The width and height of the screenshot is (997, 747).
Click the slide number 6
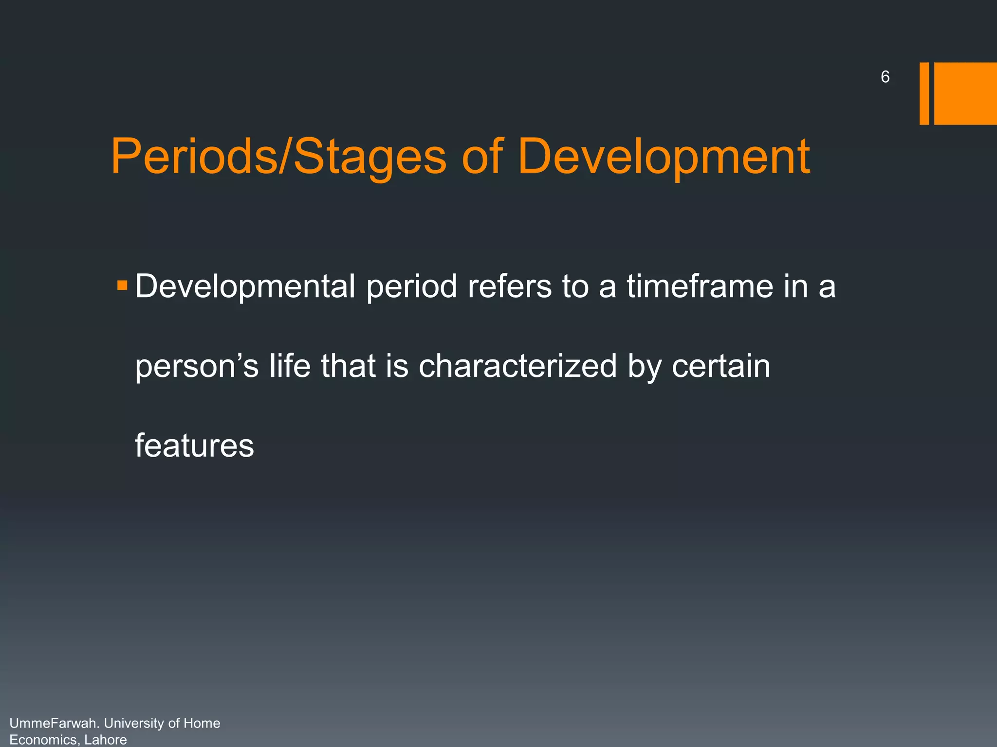click(x=885, y=77)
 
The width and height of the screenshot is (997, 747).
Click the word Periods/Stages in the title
click(x=278, y=157)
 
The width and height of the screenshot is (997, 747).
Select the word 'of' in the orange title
click(x=481, y=157)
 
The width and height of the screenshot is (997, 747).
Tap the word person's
click(x=197, y=367)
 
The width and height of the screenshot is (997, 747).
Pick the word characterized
click(x=517, y=366)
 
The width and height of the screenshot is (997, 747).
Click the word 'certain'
click(x=721, y=366)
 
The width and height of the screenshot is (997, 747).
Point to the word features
click(x=194, y=445)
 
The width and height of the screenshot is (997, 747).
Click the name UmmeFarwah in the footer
click(x=55, y=723)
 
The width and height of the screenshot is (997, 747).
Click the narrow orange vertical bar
click(x=924, y=93)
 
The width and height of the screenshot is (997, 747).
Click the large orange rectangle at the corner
click(x=965, y=93)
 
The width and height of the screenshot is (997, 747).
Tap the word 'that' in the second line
click(x=348, y=366)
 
